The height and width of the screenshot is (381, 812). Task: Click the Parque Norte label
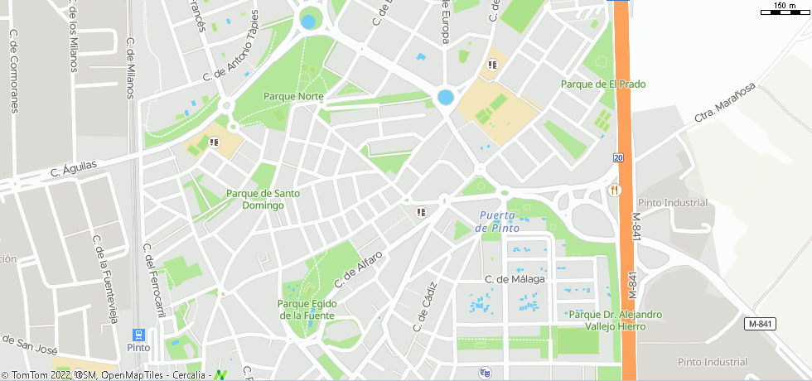pyautogui.click(x=292, y=96)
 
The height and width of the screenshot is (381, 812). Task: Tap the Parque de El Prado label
pyautogui.click(x=602, y=84)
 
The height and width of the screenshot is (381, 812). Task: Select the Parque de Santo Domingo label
pyautogui.click(x=263, y=200)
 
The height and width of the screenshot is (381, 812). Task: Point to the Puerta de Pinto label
pyautogui.click(x=499, y=222)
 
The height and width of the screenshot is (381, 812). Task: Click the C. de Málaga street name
pyautogui.click(x=515, y=279)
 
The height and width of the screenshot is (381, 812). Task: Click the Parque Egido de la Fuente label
pyautogui.click(x=307, y=309)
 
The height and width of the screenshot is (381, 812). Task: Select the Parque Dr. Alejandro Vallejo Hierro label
pyautogui.click(x=616, y=320)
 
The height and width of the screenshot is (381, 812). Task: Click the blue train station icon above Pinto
pyautogui.click(x=138, y=335)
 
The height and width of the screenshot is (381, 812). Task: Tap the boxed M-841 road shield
pyautogui.click(x=760, y=323)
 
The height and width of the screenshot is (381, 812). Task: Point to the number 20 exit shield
pyautogui.click(x=619, y=157)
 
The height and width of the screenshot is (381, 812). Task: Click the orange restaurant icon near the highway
pyautogui.click(x=614, y=190)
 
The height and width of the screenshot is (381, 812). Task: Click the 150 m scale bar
pyautogui.click(x=782, y=11)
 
